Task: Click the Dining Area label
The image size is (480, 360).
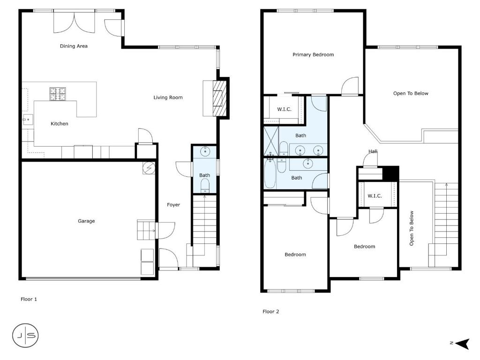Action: (x=74, y=46)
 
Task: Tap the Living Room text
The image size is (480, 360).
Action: (x=168, y=97)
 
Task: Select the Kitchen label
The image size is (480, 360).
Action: (x=60, y=124)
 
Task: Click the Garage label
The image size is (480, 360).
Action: (x=86, y=221)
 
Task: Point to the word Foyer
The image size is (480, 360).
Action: (x=173, y=205)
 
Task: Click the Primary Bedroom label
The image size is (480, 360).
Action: (x=313, y=55)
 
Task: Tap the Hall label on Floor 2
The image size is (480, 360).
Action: (x=373, y=151)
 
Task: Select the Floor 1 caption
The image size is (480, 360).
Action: (x=29, y=299)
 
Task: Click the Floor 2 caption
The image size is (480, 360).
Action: (x=271, y=312)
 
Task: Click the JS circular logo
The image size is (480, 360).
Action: (x=25, y=336)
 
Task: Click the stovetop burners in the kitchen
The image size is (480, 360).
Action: (x=58, y=94)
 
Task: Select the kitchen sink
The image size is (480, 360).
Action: (x=28, y=120)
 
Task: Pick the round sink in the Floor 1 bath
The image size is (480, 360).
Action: (x=204, y=151)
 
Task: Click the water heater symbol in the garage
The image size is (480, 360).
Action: (x=149, y=168)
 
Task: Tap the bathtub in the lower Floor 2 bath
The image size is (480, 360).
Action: (x=270, y=173)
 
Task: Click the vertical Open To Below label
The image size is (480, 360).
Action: (x=412, y=228)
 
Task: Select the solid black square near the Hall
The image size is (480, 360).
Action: (x=390, y=173)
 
